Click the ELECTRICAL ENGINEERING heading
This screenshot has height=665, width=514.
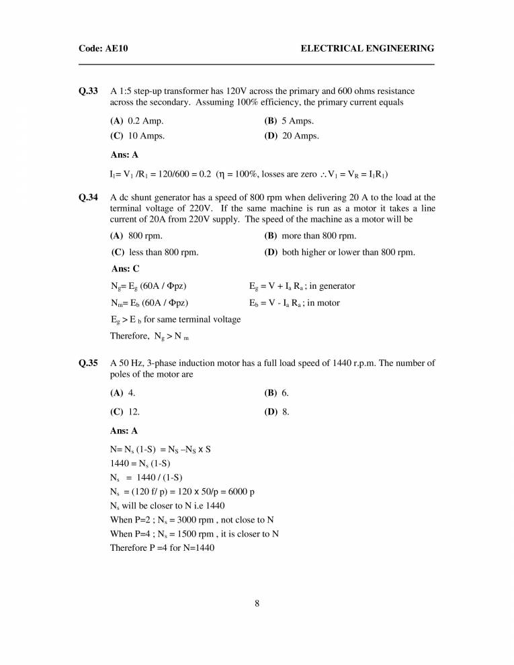[367, 48]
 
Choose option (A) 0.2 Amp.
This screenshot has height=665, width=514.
[137, 121]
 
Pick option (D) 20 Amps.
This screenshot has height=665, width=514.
[292, 136]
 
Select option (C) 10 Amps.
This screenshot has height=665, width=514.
[138, 136]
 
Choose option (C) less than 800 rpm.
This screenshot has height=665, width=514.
[155, 253]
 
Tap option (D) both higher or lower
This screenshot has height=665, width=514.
[340, 253]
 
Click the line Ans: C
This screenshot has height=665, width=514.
[125, 269]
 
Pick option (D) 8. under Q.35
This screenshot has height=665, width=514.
[277, 412]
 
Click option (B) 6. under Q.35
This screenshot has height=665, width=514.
[277, 393]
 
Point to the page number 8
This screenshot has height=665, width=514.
[257, 603]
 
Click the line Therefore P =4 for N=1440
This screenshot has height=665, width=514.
[163, 547]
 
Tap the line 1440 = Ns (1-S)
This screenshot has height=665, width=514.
[140, 463]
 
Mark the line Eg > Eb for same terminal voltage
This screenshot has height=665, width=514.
[175, 320]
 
